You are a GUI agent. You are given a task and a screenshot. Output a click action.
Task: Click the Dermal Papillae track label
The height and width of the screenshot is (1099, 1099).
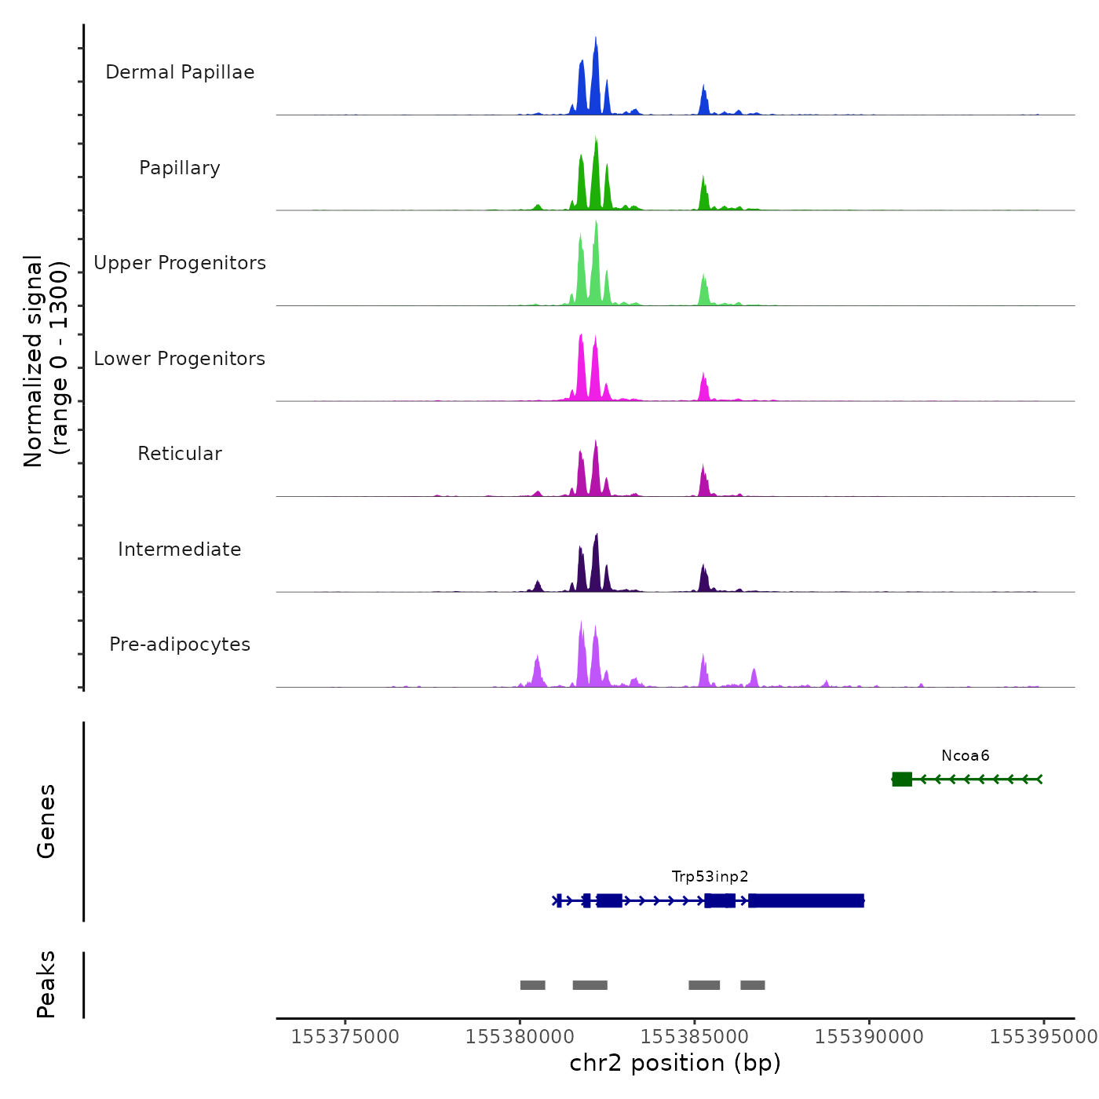pyautogui.click(x=180, y=72)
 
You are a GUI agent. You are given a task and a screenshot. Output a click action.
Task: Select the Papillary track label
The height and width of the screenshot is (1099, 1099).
pyautogui.click(x=180, y=168)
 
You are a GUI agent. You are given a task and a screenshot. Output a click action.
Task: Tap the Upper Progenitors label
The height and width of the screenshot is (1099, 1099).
pyautogui.click(x=180, y=263)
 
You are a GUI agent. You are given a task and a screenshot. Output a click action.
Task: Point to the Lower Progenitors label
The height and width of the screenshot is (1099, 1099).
pyautogui.click(x=180, y=359)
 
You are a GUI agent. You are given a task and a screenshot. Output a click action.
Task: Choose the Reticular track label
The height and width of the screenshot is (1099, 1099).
pyautogui.click(x=180, y=454)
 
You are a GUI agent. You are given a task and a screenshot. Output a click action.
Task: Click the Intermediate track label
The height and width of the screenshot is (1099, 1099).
pyautogui.click(x=180, y=549)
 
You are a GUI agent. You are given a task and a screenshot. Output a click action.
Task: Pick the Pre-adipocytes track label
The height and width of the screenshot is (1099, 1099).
pyautogui.click(x=180, y=644)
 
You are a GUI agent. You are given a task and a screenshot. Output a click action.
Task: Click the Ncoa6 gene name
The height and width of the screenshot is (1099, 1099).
pyautogui.click(x=965, y=756)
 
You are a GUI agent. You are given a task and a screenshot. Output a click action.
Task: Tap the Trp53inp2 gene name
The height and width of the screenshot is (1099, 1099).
pyautogui.click(x=710, y=877)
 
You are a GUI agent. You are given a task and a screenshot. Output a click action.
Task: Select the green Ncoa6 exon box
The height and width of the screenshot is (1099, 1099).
pyautogui.click(x=902, y=779)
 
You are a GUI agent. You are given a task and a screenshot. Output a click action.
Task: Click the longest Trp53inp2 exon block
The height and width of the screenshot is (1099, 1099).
pyautogui.click(x=806, y=900)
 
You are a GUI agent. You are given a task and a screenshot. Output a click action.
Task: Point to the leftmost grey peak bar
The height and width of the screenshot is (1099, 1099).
pyautogui.click(x=532, y=985)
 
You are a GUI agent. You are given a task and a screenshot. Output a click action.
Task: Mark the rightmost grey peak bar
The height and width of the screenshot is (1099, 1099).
pyautogui.click(x=752, y=985)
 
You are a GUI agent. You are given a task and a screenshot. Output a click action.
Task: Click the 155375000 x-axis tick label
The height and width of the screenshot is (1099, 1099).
pyautogui.click(x=345, y=1037)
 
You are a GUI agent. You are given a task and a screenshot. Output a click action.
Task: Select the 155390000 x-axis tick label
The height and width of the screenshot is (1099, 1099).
pyautogui.click(x=869, y=1037)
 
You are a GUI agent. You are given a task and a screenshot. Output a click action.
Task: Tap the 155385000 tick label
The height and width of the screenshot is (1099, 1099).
pyautogui.click(x=694, y=1037)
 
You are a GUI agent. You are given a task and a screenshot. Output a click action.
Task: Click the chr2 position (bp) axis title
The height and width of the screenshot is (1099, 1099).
pyautogui.click(x=675, y=1063)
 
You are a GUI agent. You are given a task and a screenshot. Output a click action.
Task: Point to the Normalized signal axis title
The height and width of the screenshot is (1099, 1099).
pyautogui.click(x=45, y=361)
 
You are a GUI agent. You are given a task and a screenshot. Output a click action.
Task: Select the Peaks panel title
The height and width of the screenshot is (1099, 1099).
pyautogui.click(x=46, y=984)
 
